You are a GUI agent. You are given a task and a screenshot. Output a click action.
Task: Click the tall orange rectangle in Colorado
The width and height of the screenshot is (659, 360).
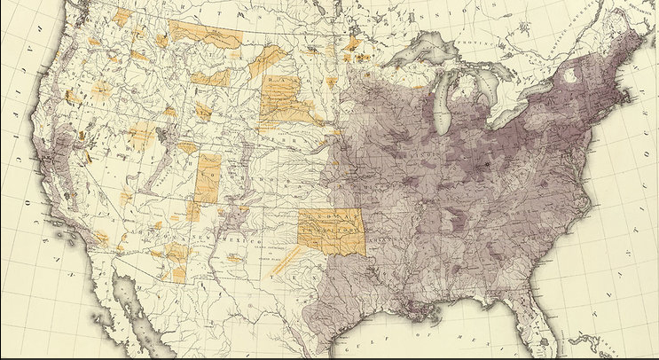(x=208, y=177)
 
